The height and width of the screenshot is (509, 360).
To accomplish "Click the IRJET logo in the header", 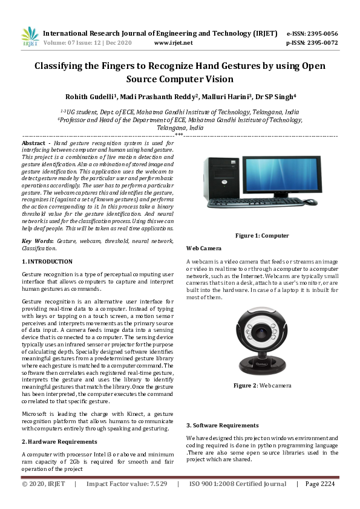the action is tap(30, 37).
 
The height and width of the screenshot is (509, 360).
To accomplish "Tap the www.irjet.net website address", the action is tap(174, 43).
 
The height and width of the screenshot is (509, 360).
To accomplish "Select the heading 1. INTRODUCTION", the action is tap(45, 261).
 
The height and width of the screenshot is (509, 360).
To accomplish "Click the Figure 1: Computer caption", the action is tap(262, 235).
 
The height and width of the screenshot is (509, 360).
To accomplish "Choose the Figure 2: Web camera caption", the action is tap(263, 384).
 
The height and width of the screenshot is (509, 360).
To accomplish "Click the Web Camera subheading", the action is tap(203, 248).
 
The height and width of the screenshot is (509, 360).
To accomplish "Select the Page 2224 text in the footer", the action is tap(319, 484).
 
